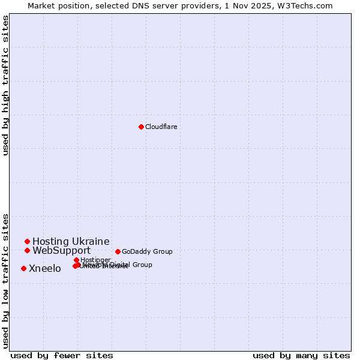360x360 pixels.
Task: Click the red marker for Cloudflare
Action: point(141,127)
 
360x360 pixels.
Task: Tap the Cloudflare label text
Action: point(161,127)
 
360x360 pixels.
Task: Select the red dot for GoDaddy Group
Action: point(118,251)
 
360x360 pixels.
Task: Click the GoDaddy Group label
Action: point(147,251)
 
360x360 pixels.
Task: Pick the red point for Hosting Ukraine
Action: point(27,241)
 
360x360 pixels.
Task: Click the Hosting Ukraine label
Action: point(71,242)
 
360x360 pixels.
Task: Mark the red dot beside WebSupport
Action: point(27,250)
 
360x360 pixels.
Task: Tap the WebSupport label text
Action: point(61,251)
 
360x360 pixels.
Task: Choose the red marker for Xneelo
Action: point(23,268)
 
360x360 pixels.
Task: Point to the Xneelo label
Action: point(45,269)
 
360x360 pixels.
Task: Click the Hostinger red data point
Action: point(76,260)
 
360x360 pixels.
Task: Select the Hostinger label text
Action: point(96,259)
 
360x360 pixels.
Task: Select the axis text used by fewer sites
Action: point(62,355)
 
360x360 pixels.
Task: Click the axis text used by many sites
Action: point(301,355)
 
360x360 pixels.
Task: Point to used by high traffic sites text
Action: point(5,85)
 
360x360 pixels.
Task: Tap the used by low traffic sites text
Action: point(5,280)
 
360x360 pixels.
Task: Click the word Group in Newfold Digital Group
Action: point(142,265)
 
